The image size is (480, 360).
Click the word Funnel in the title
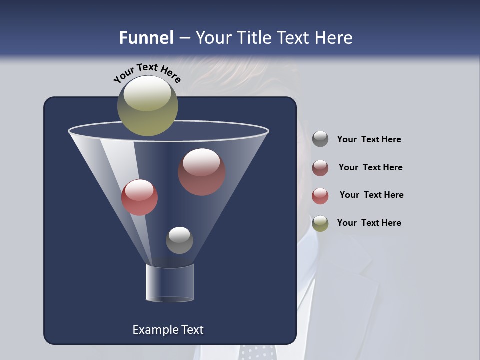146,38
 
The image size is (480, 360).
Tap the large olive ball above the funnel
148,105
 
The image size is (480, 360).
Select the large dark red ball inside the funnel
202,172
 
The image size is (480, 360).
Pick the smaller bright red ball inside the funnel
139,197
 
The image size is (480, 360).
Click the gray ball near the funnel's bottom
179,240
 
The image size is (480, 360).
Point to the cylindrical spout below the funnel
170,283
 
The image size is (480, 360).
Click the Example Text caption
168,330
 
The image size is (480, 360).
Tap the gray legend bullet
320,139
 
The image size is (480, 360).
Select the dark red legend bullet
320,168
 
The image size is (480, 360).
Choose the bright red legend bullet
320,196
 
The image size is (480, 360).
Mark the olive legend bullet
320,223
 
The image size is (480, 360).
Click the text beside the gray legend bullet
369,139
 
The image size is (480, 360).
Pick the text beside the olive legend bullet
369,223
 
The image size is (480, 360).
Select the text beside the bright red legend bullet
371,195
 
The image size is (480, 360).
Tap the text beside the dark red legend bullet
370,167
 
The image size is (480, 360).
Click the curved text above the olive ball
147,72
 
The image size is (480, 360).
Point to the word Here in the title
334,38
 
